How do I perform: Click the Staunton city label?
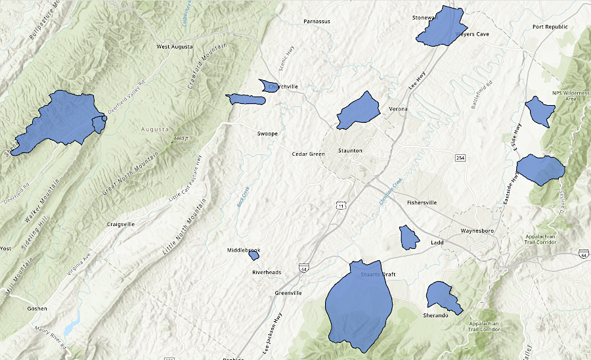point(349,151)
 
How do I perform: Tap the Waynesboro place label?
point(481,231)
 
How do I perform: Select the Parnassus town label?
point(317,21)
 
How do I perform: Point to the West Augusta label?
point(175,47)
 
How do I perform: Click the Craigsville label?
point(121,224)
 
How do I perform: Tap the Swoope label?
point(267,133)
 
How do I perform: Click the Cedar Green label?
point(309,154)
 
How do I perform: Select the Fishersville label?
point(422,202)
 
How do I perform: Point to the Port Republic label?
point(550,27)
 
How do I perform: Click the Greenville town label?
point(288,293)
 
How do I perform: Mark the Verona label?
point(398,109)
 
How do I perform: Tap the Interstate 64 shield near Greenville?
point(303,269)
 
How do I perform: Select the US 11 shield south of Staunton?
point(339,206)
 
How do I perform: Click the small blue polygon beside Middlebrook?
point(253,255)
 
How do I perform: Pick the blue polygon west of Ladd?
point(409,237)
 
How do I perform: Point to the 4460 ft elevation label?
point(181,139)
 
